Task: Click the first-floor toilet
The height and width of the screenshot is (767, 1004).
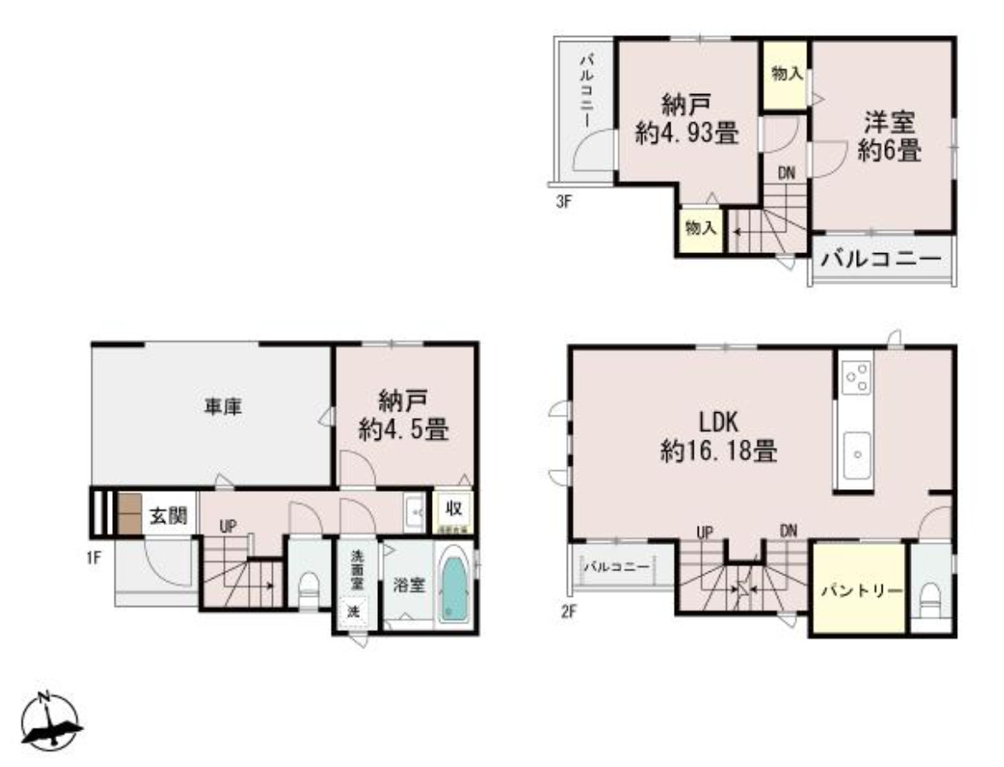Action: click(x=309, y=587)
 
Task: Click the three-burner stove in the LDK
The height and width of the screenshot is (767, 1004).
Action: click(x=856, y=377)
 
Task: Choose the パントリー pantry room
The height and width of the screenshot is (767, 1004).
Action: click(x=858, y=590)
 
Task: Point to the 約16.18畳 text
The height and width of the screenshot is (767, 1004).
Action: click(x=718, y=450)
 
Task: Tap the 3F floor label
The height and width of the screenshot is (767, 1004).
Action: click(x=561, y=204)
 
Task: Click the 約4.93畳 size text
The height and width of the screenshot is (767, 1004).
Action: click(x=687, y=133)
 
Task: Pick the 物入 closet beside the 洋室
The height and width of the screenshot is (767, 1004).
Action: click(x=786, y=75)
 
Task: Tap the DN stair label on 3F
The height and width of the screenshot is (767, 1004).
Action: click(x=786, y=173)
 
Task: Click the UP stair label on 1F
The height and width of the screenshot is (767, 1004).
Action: click(x=227, y=527)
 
